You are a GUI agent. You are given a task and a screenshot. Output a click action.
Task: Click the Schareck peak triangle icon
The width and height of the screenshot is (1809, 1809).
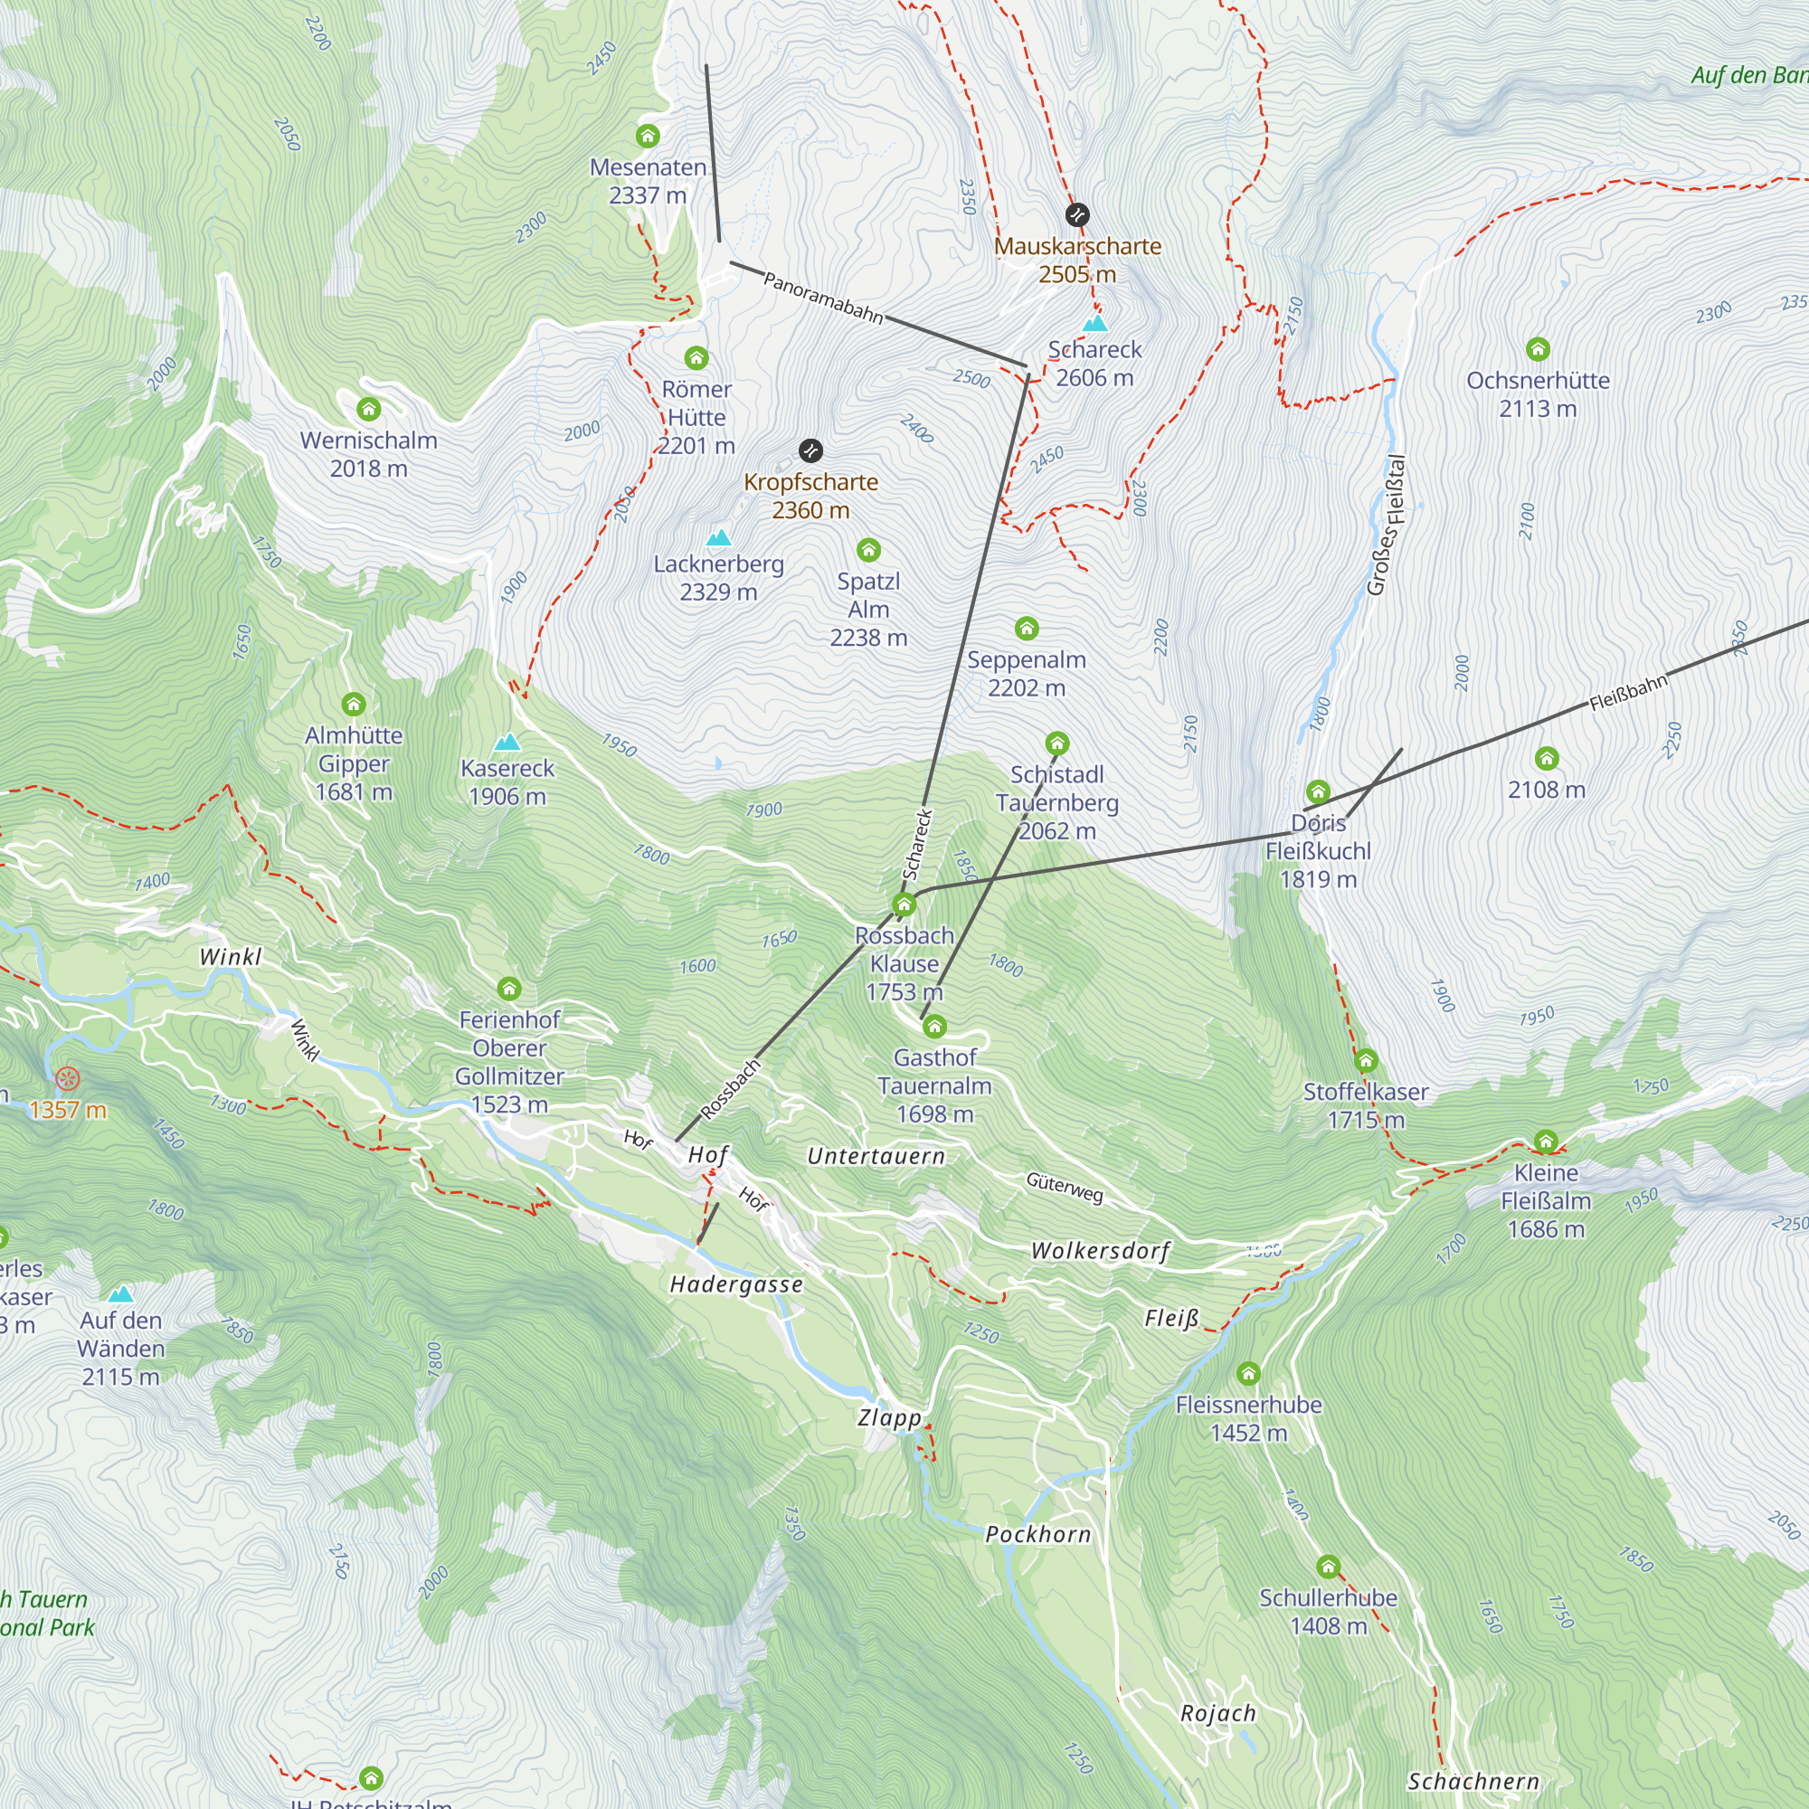1094,324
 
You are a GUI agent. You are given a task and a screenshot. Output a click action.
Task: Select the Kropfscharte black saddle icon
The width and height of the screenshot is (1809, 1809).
810,450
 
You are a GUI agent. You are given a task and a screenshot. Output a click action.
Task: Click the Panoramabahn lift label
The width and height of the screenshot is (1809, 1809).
823,297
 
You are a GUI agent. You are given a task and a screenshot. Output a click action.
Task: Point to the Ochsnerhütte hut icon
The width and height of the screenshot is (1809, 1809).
1538,350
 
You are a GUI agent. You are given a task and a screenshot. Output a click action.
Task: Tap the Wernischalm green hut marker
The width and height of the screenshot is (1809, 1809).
369,409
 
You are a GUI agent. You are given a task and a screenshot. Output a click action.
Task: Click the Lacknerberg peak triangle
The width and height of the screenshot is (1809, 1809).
718,537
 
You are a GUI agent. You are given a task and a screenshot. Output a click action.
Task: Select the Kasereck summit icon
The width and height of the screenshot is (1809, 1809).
507,743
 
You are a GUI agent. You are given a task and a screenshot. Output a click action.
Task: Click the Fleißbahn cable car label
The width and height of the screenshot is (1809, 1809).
1628,691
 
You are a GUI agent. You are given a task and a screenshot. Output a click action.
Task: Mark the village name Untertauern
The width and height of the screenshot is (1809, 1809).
876,1156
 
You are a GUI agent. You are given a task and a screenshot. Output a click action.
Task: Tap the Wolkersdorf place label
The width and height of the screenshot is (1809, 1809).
1100,1251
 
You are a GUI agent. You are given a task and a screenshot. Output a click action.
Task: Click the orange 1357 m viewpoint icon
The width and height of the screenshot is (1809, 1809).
68,1079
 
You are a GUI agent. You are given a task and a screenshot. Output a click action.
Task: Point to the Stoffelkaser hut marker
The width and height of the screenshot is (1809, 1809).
1365,1061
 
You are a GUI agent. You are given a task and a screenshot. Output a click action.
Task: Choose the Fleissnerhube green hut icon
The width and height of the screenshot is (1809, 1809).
1248,1374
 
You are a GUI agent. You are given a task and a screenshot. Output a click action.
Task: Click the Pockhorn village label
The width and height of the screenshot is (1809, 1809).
1038,1535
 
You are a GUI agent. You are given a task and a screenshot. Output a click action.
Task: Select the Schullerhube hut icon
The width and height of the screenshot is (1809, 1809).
1328,1567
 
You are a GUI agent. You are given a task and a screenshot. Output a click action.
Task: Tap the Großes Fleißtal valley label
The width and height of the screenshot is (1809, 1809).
1387,526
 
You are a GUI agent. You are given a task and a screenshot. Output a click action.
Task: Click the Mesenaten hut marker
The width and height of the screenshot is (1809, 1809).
648,137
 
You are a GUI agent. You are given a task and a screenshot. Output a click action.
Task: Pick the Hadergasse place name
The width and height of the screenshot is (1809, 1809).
737,1284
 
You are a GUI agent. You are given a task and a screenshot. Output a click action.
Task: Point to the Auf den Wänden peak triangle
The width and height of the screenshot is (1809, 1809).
121,1295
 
